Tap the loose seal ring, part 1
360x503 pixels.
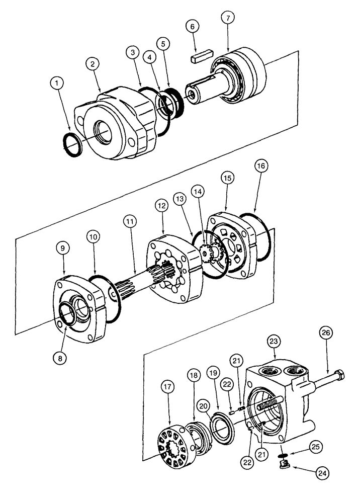pyautogui.click(x=70, y=144)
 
